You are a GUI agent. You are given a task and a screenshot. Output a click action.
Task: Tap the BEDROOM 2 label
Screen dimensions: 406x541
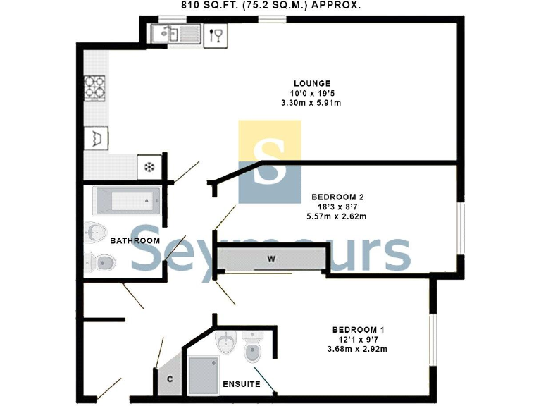click(x=337, y=197)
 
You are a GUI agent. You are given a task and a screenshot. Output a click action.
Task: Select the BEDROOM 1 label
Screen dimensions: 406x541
click(x=358, y=329)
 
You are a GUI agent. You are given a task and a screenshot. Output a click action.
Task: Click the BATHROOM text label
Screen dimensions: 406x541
click(x=135, y=241)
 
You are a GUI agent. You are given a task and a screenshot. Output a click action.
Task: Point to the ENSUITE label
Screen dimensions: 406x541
click(x=242, y=384)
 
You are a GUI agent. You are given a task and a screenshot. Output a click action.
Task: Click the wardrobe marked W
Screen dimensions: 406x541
click(x=270, y=259)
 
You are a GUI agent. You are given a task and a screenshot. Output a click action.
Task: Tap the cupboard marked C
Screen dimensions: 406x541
click(x=169, y=379)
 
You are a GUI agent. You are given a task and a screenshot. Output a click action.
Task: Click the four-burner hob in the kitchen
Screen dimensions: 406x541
click(x=94, y=88)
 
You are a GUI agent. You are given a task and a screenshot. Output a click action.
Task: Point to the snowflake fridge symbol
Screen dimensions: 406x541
click(x=149, y=167)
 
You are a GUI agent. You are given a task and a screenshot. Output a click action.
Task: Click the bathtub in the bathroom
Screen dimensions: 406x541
click(x=127, y=199)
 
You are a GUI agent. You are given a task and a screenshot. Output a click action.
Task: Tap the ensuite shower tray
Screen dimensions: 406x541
click(x=204, y=374)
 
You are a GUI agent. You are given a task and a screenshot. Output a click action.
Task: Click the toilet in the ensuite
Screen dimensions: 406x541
click(x=252, y=347)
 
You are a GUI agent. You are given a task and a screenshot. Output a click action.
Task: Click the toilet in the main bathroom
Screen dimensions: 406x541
click(x=101, y=262)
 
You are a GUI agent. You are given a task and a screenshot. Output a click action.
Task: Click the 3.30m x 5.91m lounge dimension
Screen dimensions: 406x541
click(x=311, y=104)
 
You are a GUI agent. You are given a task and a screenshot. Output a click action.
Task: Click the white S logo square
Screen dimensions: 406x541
click(x=270, y=161)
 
